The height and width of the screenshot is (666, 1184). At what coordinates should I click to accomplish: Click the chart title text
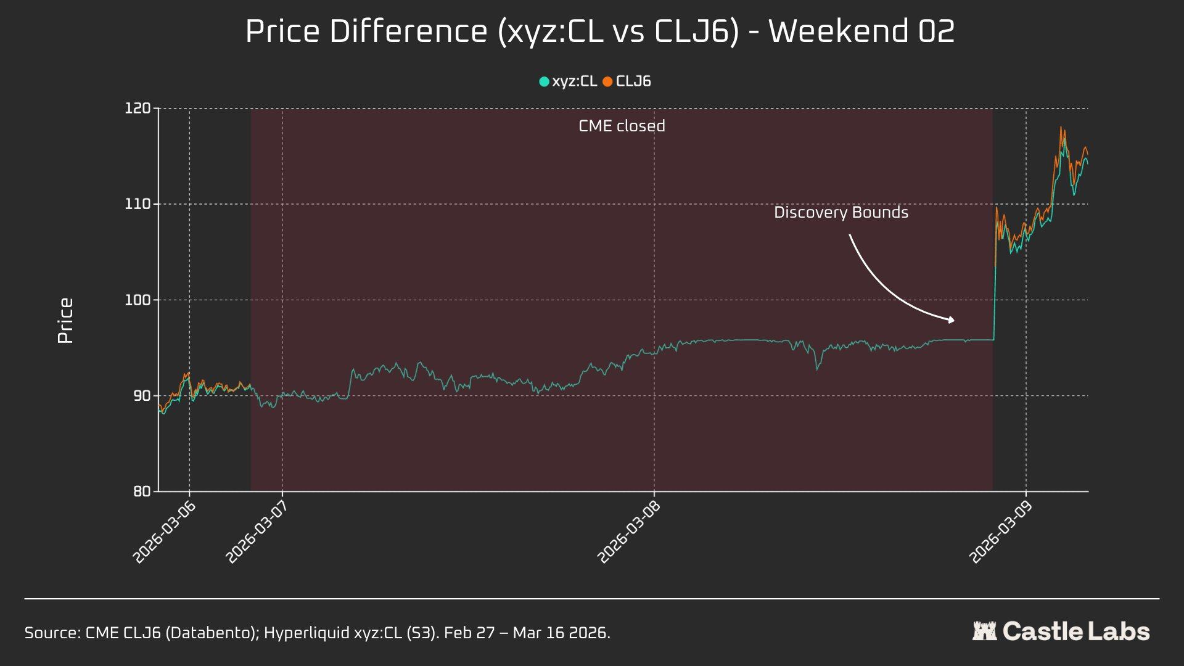tap(599, 31)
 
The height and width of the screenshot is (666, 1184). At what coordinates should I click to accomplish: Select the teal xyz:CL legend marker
tap(544, 81)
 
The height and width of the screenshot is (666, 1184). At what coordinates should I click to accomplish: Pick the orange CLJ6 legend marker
tap(607, 81)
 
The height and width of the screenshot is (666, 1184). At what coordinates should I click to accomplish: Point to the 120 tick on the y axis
tap(138, 109)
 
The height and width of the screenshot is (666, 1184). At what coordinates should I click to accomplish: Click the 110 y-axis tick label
tap(138, 204)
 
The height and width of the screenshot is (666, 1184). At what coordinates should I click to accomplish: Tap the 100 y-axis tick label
tap(138, 300)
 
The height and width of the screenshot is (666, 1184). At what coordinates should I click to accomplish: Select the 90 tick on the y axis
tap(141, 396)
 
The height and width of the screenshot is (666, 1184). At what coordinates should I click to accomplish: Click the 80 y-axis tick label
tap(141, 491)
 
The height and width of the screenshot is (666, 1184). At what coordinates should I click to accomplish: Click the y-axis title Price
tap(65, 321)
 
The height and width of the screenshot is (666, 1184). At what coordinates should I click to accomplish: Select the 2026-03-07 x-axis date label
tap(258, 532)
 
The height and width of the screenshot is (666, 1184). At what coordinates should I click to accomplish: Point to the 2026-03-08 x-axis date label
tap(630, 532)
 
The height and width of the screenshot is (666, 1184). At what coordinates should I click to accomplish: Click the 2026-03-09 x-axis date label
tap(1001, 532)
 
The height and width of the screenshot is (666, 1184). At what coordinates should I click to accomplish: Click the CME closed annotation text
tap(622, 126)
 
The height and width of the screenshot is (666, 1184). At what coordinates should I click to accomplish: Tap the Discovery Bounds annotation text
tap(841, 213)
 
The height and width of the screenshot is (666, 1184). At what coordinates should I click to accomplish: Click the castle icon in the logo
tap(984, 631)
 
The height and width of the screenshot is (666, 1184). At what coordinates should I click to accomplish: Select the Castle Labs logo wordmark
tap(1076, 631)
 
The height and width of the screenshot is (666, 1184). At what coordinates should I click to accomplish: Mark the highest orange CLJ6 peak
tap(1061, 128)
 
